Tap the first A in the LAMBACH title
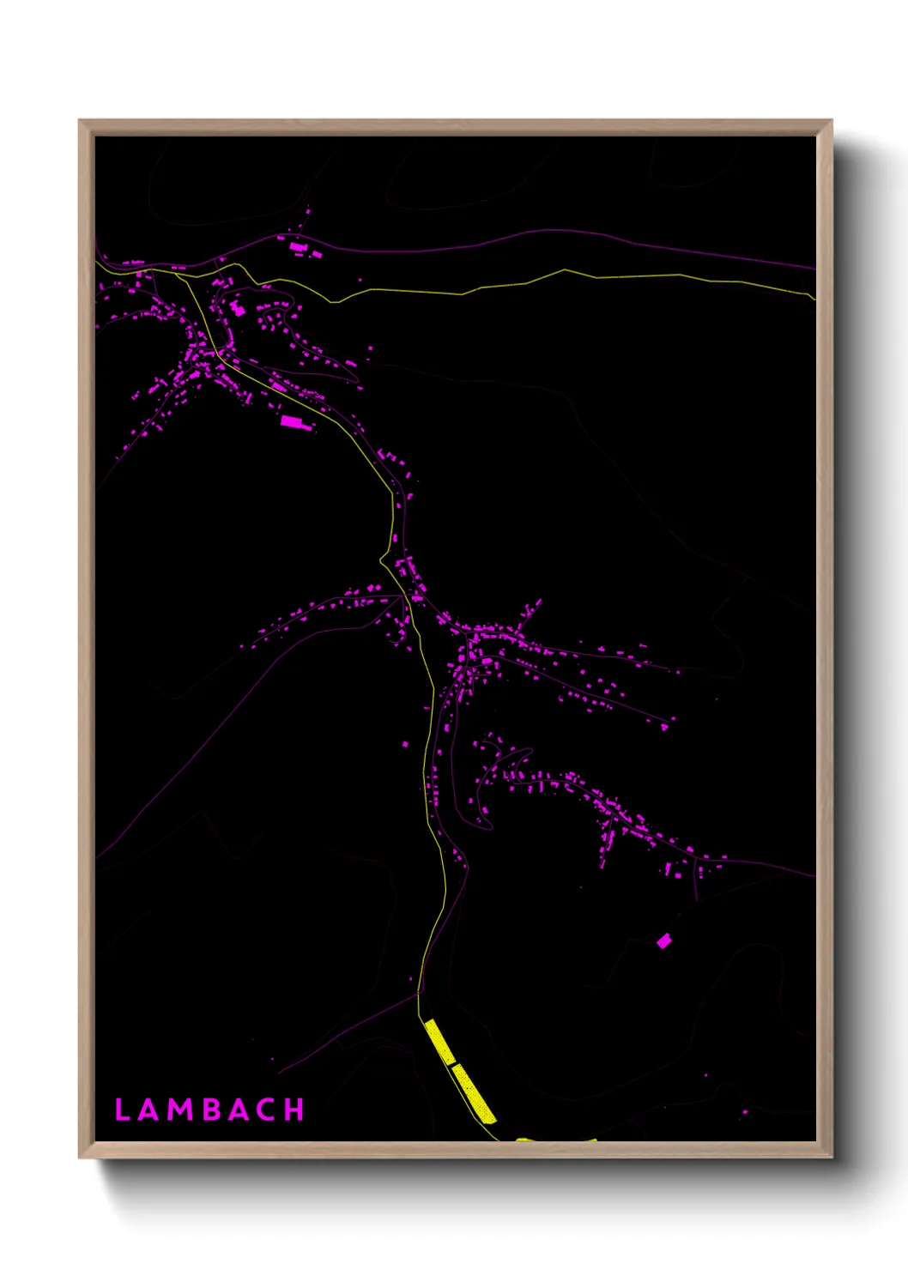click(149, 1110)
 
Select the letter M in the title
click(181, 1110)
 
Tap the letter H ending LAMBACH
click(294, 1110)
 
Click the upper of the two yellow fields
click(439, 1041)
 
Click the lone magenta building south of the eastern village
click(663, 941)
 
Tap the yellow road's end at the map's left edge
click(97, 262)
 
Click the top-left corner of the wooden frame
click(79, 120)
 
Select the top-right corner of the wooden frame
click(832, 120)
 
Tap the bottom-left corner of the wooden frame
click(79, 1158)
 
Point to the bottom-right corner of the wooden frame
click(832, 1158)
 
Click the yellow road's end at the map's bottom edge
click(498, 1140)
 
